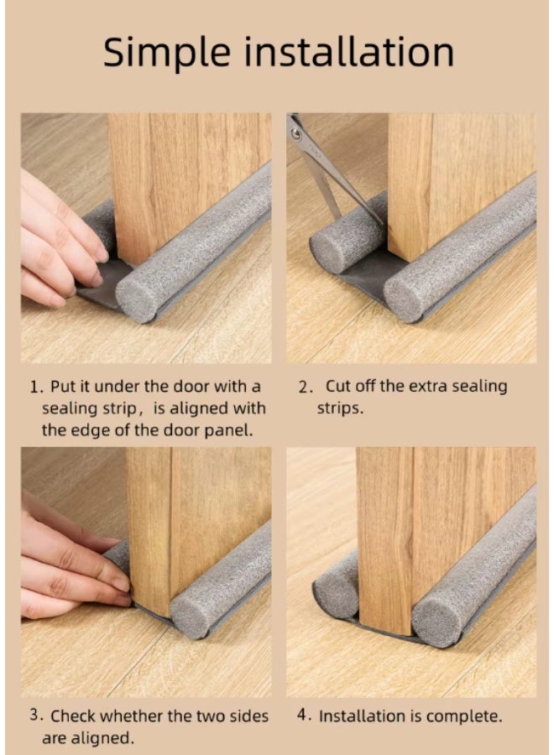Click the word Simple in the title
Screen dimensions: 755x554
pos(164,52)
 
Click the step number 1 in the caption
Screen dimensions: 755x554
pos(35,388)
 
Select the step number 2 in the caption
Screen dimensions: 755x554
pos(306,388)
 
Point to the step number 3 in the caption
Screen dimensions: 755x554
pos(35,716)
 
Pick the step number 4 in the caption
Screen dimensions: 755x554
pos(305,716)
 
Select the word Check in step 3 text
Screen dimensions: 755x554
pos(74,716)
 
